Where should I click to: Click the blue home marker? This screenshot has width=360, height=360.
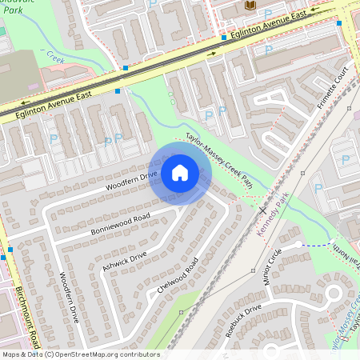[180, 172]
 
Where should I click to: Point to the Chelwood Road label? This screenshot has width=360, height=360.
[178, 277]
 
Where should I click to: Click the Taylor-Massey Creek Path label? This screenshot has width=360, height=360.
[219, 161]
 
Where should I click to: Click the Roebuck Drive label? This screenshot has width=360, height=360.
[243, 320]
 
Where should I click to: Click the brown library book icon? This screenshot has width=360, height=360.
[249, 6]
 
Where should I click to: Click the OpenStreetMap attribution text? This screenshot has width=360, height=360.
[80, 354]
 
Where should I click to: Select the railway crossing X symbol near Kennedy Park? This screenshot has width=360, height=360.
[263, 210]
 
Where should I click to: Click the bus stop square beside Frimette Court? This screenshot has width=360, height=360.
[339, 23]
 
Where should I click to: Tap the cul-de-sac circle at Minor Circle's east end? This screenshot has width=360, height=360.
[298, 242]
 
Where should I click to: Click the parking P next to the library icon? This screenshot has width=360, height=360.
[267, 13]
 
